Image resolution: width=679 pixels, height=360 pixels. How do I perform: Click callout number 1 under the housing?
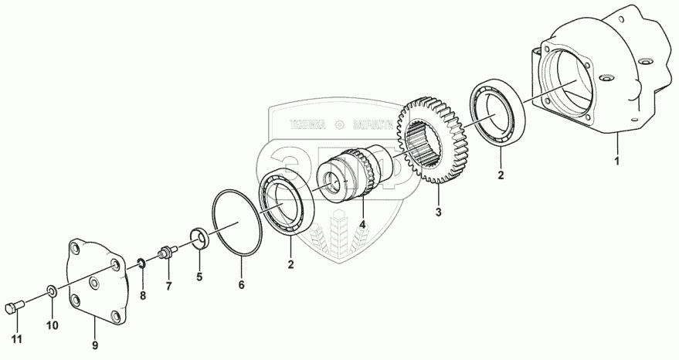click(x=616, y=161)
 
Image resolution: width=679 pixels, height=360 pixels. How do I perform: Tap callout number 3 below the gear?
click(x=438, y=212)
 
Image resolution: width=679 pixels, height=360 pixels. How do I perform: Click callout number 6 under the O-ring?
click(x=241, y=285)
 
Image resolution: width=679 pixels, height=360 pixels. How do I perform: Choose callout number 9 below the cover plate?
click(x=95, y=345)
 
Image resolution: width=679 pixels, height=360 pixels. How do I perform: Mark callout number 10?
click(x=53, y=326)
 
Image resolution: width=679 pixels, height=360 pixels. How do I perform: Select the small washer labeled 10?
click(x=51, y=292)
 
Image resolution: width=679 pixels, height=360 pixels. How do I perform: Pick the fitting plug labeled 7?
click(x=165, y=252)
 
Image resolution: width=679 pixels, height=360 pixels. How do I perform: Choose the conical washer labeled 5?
click(x=198, y=238)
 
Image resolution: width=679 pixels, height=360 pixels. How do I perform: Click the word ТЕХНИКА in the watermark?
click(x=308, y=124)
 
